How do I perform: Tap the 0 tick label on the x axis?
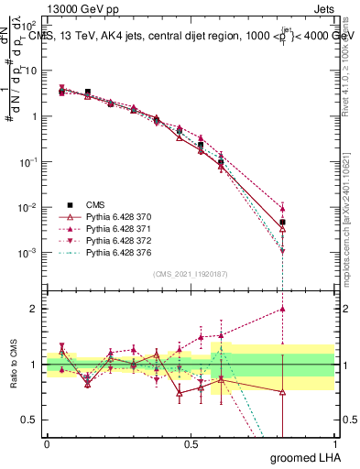click(x=47, y=443)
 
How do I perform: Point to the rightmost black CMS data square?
click(x=283, y=223)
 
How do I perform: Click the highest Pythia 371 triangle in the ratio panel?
click(x=283, y=310)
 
